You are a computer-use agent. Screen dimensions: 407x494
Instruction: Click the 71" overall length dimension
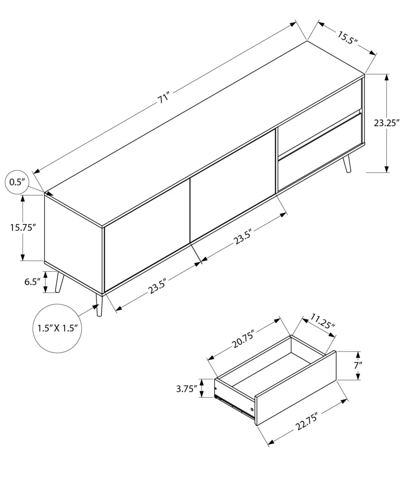tap(163, 99)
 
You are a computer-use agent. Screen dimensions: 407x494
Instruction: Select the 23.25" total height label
tap(387, 123)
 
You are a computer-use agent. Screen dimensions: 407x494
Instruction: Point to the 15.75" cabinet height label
tap(23, 228)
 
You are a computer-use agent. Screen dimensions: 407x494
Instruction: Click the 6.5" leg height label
tap(32, 282)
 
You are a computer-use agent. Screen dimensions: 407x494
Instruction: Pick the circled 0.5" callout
tap(17, 182)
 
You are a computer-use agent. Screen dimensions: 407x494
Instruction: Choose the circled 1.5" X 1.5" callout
tap(57, 328)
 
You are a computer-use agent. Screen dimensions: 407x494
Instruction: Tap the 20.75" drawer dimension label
tap(243, 339)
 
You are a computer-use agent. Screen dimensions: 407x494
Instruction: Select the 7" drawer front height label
tap(358, 365)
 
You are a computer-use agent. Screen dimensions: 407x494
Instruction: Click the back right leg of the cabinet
tap(347, 164)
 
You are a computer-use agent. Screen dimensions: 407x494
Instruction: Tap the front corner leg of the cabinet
tap(99, 305)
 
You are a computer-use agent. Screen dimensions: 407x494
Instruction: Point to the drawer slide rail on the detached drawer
tap(235, 406)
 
